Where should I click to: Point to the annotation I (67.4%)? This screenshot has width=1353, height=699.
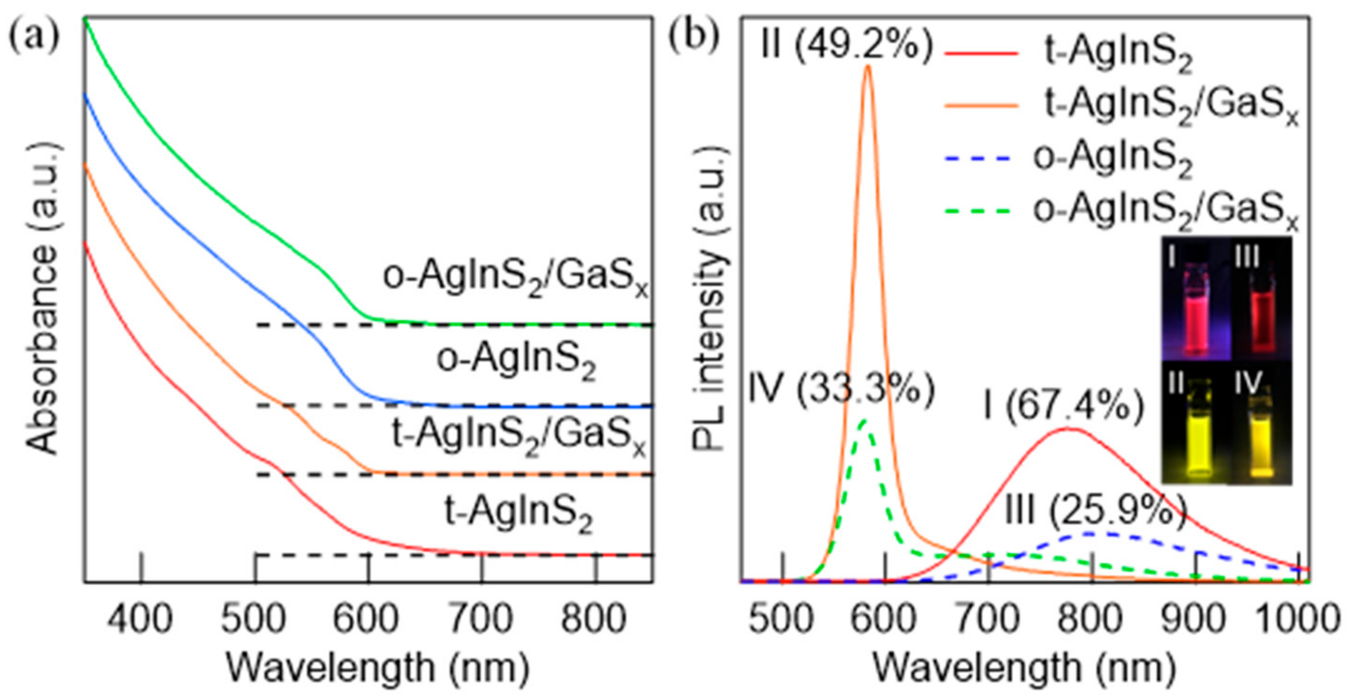click(1064, 407)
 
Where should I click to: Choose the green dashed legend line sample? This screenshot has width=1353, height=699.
click(978, 211)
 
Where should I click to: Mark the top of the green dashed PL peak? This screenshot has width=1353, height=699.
click(864, 420)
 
